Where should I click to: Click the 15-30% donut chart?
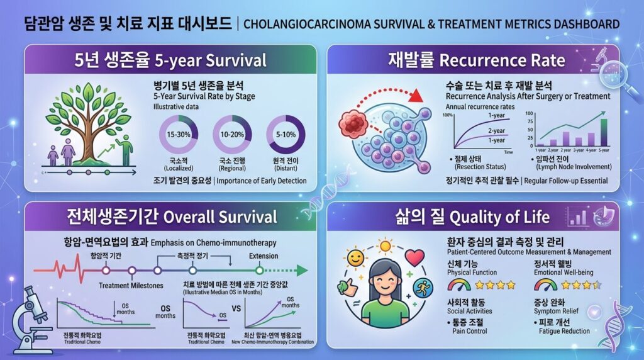point(179,135)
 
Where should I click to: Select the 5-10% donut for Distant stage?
point(286,135)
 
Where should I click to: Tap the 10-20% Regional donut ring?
point(232,135)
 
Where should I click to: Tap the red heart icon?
point(414,257)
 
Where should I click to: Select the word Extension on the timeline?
point(264,256)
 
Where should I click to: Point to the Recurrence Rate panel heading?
point(476,61)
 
